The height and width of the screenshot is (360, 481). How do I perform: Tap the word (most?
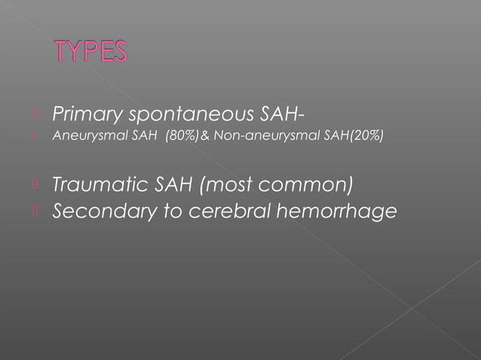[x=218, y=184]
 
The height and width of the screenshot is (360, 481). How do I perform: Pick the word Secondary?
[x=97, y=212]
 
